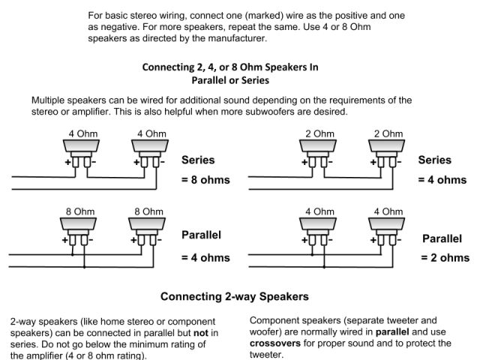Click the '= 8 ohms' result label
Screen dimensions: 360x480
point(205,180)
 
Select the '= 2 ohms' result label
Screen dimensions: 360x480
point(445,257)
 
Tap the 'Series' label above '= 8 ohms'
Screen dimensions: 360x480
point(198,160)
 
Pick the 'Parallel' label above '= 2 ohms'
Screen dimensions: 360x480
point(442,238)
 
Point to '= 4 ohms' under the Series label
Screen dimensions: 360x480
point(442,180)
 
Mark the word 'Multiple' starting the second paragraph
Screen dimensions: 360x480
point(49,100)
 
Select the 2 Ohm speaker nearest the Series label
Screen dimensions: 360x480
point(387,144)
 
